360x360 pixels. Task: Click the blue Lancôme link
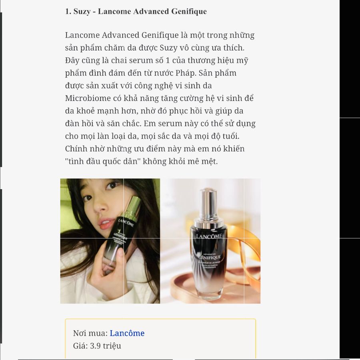[x=127, y=333]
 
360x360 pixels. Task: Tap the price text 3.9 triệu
[x=105, y=346]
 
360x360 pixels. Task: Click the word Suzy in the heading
[x=82, y=12]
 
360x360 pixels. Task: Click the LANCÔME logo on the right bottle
[x=209, y=236]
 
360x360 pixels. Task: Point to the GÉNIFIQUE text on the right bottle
[x=209, y=257]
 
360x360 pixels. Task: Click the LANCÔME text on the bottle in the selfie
[x=126, y=223]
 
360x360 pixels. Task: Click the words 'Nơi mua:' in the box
[x=90, y=333]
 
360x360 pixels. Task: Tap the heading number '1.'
[x=68, y=12]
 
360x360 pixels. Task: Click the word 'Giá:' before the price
[x=80, y=346]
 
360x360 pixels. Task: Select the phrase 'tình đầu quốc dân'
[x=103, y=162]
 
